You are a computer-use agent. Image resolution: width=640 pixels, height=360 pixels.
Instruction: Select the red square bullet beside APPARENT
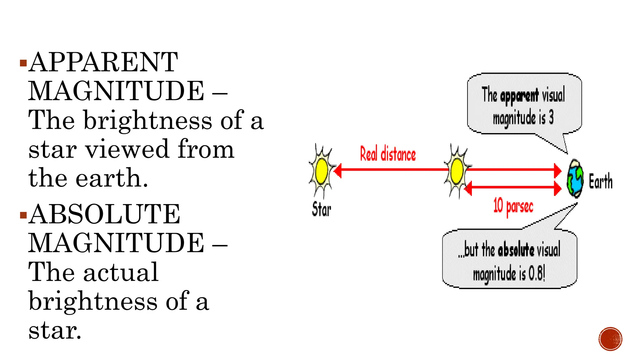click(x=23, y=63)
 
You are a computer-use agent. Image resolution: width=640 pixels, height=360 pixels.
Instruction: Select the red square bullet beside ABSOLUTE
click(x=23, y=215)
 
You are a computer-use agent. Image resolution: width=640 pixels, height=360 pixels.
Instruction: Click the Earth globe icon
click(x=575, y=178)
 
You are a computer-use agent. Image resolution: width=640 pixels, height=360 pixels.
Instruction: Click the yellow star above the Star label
click(x=322, y=171)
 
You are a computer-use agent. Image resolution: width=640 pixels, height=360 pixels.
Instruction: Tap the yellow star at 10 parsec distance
click(x=457, y=171)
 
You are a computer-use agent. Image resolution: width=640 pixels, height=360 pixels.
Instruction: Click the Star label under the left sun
click(x=321, y=209)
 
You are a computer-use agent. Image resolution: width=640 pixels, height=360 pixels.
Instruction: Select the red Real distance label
click(x=388, y=154)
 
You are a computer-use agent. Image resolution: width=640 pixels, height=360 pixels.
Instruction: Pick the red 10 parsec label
click(x=513, y=206)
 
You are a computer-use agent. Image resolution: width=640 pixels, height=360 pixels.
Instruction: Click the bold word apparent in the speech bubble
click(x=519, y=96)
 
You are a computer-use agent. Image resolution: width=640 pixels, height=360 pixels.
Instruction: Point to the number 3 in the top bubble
click(x=551, y=118)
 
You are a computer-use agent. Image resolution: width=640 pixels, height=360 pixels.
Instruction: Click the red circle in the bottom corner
click(x=611, y=339)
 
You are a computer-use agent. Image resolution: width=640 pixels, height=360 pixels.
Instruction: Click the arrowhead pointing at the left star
click(x=337, y=170)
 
